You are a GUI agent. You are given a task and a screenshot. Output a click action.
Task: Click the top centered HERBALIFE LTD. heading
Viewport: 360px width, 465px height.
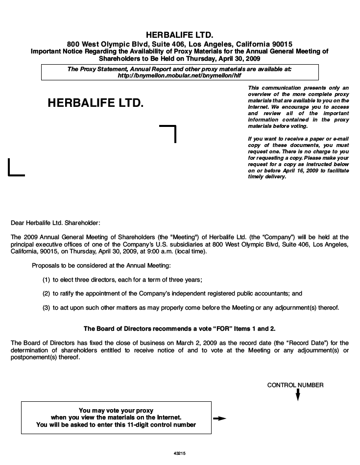pyautogui.click(x=180, y=35)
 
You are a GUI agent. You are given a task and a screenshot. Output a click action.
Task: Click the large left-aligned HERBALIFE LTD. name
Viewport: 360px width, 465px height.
pyautogui.click(x=96, y=103)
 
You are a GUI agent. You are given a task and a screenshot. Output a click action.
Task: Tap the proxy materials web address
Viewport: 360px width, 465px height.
pyautogui.click(x=180, y=76)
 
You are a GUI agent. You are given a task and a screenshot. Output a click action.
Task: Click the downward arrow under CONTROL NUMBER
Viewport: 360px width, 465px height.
pyautogui.click(x=298, y=395)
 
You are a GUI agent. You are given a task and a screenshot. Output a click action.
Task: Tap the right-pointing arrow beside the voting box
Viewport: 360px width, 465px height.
pyautogui.click(x=220, y=418)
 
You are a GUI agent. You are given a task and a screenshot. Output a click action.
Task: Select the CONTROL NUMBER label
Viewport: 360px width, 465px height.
pyautogui.click(x=295, y=385)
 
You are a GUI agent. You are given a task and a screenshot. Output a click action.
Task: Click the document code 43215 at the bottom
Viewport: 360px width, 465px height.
pyautogui.click(x=179, y=454)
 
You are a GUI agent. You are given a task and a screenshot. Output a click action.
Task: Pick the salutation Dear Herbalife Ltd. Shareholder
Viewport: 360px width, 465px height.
pyautogui.click(x=55, y=223)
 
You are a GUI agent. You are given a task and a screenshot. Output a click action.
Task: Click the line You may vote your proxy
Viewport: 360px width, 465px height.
pyautogui.click(x=116, y=410)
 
